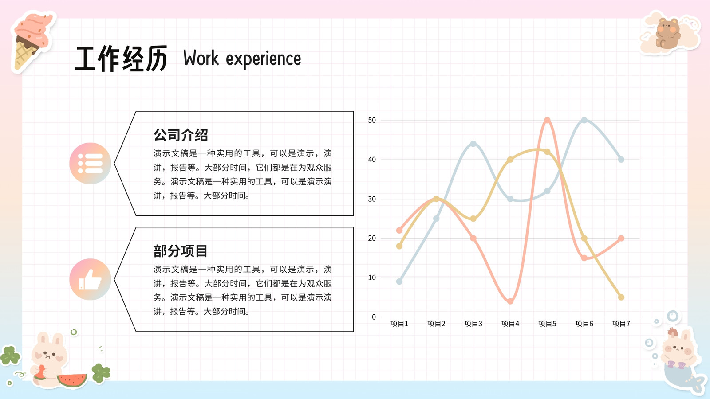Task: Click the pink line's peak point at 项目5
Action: pos(547,120)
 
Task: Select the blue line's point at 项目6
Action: pos(584,120)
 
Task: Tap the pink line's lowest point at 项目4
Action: pos(510,301)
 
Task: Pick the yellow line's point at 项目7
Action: pos(621,297)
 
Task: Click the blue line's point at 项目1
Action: pos(399,282)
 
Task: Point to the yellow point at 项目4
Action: pos(510,160)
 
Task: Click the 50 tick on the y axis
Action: pos(372,120)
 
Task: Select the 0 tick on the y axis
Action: pos(374,317)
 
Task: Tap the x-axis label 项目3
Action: pos(473,324)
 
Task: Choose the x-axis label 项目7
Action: pos(621,324)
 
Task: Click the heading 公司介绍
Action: pos(181,135)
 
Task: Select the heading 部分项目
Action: pos(180,251)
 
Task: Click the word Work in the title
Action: pos(201,58)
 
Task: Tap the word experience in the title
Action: pos(264,59)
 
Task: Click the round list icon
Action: pos(91,164)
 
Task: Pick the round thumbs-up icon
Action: pos(91,279)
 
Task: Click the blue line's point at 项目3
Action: pos(473,144)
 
